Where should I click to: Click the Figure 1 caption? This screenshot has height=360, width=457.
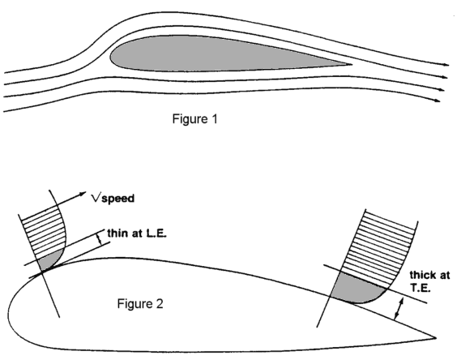194,119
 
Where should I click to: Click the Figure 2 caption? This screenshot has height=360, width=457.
140,304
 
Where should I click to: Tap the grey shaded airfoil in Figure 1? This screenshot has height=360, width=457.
221,54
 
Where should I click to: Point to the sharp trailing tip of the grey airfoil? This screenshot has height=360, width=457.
352,65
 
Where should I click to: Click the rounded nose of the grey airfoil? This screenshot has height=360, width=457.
110,57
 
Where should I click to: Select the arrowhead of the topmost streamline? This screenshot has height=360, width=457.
446,65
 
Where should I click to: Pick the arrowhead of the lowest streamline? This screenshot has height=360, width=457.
438,101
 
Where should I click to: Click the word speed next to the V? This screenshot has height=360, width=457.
117,199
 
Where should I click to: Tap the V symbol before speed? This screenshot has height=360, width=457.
96,198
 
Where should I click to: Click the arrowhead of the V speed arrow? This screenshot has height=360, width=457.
83,194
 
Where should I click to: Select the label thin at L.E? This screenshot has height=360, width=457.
137,234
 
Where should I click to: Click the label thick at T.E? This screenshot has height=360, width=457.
430,281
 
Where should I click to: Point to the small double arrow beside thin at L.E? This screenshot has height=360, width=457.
100,239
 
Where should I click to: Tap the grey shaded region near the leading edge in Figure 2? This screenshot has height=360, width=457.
48,260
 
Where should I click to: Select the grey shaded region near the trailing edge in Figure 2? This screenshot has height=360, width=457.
357,288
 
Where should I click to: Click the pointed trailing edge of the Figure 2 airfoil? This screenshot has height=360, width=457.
435,338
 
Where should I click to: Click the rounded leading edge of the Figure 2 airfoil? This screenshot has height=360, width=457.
9,309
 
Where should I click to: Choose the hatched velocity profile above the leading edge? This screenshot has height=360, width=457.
44,230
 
